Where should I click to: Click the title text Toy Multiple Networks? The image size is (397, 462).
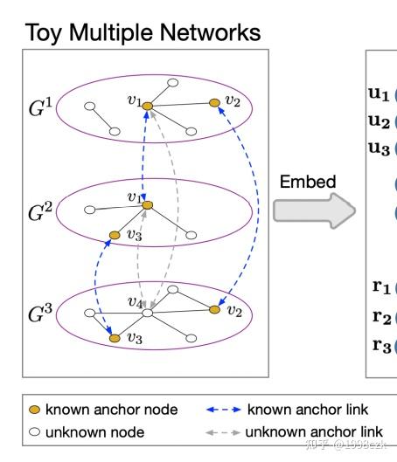[143, 33]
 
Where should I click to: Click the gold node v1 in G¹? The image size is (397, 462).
[148, 106]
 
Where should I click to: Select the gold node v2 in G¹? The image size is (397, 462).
[214, 102]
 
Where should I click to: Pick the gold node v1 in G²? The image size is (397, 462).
[148, 205]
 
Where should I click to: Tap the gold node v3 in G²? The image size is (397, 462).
[113, 235]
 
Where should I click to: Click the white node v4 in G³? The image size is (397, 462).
[148, 312]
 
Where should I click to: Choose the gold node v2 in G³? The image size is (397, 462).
[214, 309]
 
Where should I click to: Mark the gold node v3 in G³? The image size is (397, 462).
[113, 336]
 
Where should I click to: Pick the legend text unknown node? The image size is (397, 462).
[94, 431]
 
